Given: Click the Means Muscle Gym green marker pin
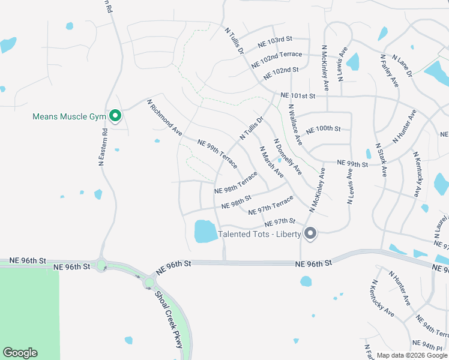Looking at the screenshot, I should coord(115,116).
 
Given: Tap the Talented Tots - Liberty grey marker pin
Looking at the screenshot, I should coord(310,233).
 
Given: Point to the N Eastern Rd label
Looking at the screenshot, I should coord(103,146).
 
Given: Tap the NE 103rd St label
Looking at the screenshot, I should coord(274,41).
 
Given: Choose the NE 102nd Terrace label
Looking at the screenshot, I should coord(277,58).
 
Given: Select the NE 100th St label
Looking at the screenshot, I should coord(323,129).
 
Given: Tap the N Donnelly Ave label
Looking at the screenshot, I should coord(287,158).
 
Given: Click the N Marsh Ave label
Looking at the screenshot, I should coord(271,161).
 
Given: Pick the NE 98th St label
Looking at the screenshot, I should coord(236,202).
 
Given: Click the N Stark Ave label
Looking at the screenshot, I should coord(381,160).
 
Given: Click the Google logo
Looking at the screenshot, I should coord(20,353).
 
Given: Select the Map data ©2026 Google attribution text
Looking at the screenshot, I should coord(412,355).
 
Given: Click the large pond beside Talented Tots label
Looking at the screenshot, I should coord(205,231).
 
